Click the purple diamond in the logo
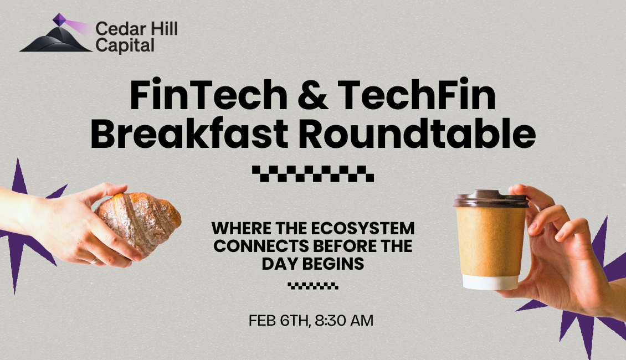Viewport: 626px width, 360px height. pos(59,19)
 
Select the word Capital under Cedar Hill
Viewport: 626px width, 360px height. pos(125,45)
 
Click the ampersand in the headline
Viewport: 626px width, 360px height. pos(312,95)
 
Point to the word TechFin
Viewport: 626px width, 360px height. pos(417,95)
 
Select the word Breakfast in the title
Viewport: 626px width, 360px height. pos(189,133)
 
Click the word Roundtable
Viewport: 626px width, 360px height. pos(417,133)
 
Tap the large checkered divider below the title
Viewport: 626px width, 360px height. pos(313,173)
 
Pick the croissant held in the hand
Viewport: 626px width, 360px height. pos(138,222)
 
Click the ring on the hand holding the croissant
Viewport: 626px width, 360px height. pos(93,261)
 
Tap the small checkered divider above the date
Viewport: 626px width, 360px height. pos(313,286)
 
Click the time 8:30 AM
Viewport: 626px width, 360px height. pos(344,321)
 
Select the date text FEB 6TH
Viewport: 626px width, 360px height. pos(279,321)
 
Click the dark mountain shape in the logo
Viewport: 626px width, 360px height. pos(56,40)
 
